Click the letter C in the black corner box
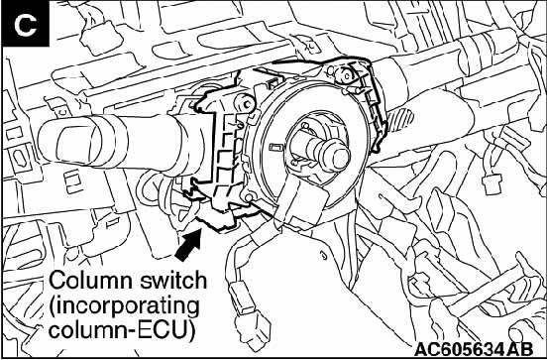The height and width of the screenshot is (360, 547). coord(26,26)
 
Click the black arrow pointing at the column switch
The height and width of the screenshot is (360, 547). coord(188,244)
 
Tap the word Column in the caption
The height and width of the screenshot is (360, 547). coord(92,281)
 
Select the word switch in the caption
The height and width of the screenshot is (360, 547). coord(173,281)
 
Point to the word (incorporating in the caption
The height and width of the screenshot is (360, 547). coord(124,306)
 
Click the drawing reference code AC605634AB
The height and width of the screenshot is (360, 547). coord(474,349)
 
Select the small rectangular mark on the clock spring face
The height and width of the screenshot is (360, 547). coord(275,148)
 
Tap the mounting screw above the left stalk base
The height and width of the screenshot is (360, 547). coord(246,103)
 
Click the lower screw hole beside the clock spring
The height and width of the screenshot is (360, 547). coord(249,198)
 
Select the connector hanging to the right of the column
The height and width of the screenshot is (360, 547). coord(492,182)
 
